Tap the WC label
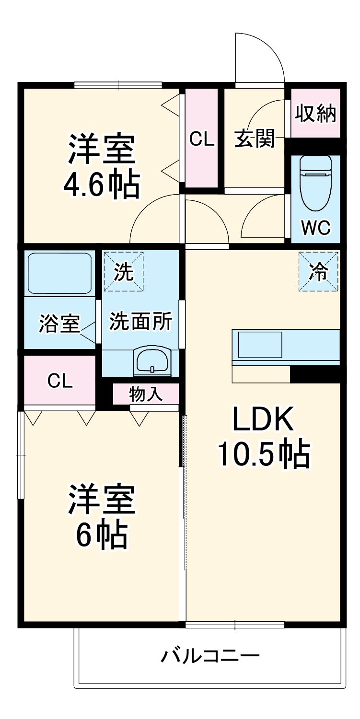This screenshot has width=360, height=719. pyautogui.click(x=315, y=228)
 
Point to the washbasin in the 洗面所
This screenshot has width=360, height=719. pyautogui.click(x=151, y=359)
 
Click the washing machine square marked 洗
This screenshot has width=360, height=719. pyautogui.click(x=124, y=272)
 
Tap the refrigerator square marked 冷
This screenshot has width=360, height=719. pyautogui.click(x=319, y=272)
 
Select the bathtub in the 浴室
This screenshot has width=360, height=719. pyautogui.click(x=59, y=273)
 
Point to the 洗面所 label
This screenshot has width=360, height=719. pyautogui.click(x=140, y=321)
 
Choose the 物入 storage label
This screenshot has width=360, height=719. pyautogui.click(x=146, y=394)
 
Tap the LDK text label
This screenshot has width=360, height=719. pyautogui.click(x=263, y=420)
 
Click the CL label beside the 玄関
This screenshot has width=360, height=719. pyautogui.click(x=202, y=139)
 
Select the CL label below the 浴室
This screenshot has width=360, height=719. pyautogui.click(x=60, y=381)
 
